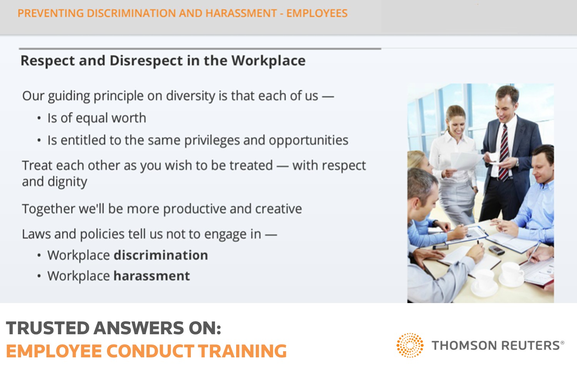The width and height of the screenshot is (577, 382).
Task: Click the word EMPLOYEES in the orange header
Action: click(x=317, y=13)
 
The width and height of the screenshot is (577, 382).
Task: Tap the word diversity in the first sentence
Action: click(x=190, y=96)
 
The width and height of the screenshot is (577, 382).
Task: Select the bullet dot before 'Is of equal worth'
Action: click(x=39, y=118)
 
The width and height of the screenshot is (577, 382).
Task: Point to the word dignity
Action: click(x=67, y=182)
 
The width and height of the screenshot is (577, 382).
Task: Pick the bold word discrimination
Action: click(x=161, y=255)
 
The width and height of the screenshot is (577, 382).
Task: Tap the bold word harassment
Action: click(x=152, y=276)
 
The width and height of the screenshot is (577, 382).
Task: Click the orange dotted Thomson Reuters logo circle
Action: click(x=410, y=345)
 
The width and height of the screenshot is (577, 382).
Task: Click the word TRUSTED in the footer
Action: click(x=48, y=328)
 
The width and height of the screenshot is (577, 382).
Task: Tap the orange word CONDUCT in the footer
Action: click(x=150, y=351)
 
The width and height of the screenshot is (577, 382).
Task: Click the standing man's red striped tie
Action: click(x=504, y=152)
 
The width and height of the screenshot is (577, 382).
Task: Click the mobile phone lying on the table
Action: click(x=496, y=250)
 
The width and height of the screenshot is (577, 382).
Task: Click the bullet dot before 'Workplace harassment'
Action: click(x=39, y=276)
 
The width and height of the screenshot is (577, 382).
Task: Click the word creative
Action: click(x=278, y=209)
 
